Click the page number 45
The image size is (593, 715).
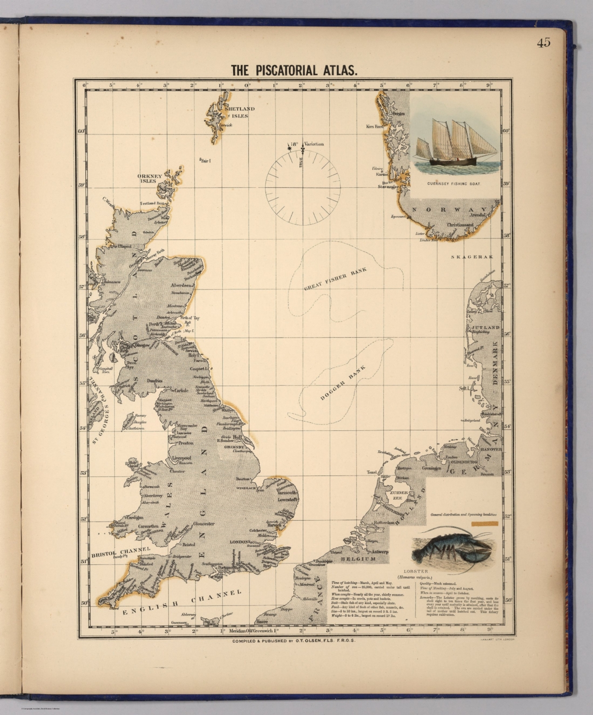pyautogui.click(x=543, y=42)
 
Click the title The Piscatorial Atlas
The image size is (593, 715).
pyautogui.click(x=295, y=70)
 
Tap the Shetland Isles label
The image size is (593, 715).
pyautogui.click(x=240, y=112)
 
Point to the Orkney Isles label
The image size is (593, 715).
pyautogui.click(x=149, y=178)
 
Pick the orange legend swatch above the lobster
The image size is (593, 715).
pyautogui.click(x=485, y=524)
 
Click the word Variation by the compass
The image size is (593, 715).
pyautogui.click(x=314, y=144)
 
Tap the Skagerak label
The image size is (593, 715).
pyautogui.click(x=472, y=256)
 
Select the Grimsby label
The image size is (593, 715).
pyautogui.click(x=235, y=447)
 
